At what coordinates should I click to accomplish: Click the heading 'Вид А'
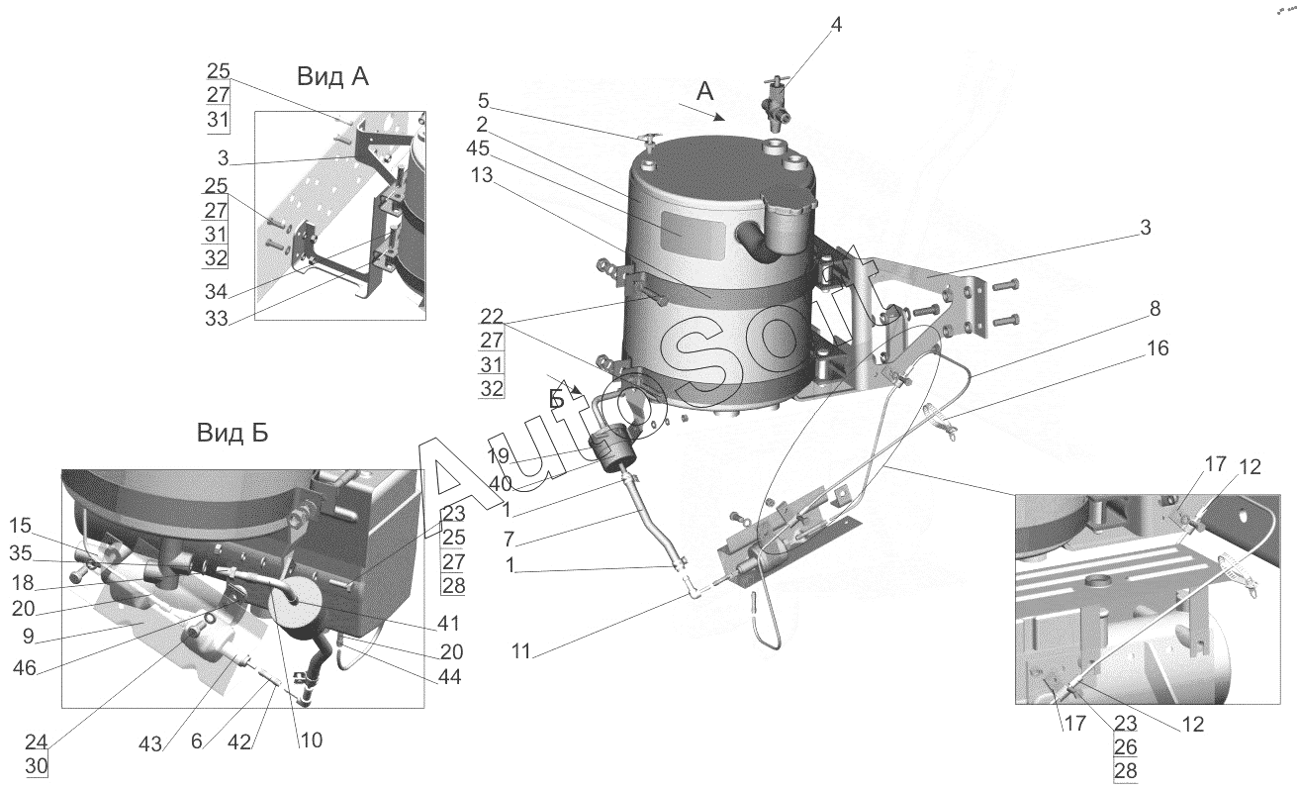(x=331, y=76)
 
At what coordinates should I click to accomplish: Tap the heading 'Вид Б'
(x=232, y=433)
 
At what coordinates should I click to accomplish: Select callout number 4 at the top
(x=836, y=25)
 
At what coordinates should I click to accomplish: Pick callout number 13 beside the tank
(x=482, y=173)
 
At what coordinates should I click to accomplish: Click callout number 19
(x=498, y=456)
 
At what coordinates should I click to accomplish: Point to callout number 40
(x=499, y=484)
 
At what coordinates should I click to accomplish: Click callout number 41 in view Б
(x=448, y=624)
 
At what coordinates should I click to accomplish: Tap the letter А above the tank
(x=704, y=90)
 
